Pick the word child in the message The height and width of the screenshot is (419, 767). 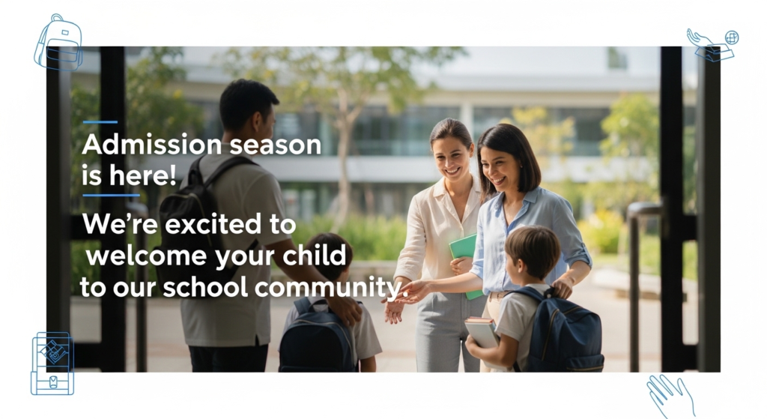pyautogui.click(x=317, y=256)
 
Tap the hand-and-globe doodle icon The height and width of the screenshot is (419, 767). pyautogui.click(x=712, y=44)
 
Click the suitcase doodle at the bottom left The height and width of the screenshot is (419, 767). pyautogui.click(x=52, y=364)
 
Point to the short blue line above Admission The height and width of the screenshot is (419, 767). pyautogui.click(x=100, y=121)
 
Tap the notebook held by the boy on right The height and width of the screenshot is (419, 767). pyautogui.click(x=482, y=332)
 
